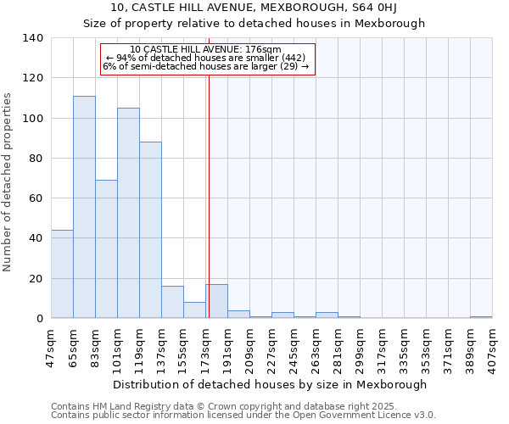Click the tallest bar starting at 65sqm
[84, 207]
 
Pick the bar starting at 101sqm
[128, 213]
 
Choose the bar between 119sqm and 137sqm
[150, 230]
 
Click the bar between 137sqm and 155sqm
[172, 302]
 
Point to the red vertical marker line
[209, 195]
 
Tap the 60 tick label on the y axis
[36, 198]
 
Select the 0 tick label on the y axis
[40, 319]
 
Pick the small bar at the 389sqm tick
[481, 317]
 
